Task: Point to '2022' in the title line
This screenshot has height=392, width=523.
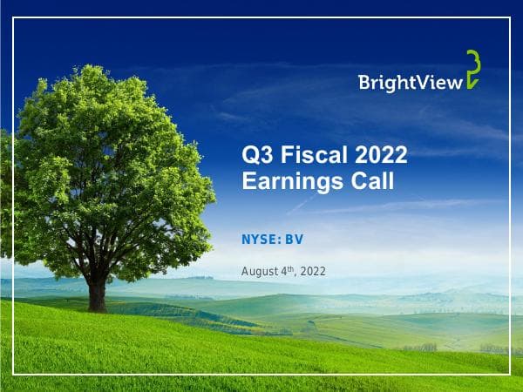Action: click(x=381, y=157)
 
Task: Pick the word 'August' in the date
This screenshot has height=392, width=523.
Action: click(x=259, y=272)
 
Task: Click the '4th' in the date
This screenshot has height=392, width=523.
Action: click(x=288, y=271)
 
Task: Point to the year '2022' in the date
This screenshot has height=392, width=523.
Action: click(x=312, y=272)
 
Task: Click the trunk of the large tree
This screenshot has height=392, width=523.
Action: click(x=98, y=287)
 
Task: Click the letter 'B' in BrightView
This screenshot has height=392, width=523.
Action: click(x=364, y=83)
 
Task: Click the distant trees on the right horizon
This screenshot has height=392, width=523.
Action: click(x=427, y=347)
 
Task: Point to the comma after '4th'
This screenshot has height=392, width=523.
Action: click(x=295, y=274)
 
